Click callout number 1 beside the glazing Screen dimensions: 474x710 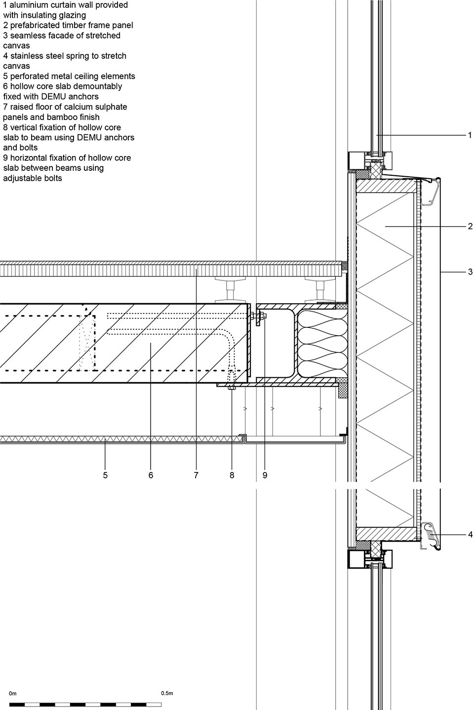(470, 135)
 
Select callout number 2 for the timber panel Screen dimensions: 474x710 (470, 226)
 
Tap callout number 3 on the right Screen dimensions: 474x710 (470, 272)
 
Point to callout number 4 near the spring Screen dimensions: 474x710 (470, 535)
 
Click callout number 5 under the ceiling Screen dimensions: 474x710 (105, 475)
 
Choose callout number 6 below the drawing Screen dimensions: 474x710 (151, 475)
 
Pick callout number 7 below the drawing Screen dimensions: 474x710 (196, 475)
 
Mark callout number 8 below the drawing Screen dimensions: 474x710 (232, 475)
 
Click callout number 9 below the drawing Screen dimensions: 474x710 (265, 475)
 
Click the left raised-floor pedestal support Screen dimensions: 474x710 (231, 290)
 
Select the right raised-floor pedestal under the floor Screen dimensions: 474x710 (320, 290)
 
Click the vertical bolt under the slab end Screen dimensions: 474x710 (232, 379)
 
